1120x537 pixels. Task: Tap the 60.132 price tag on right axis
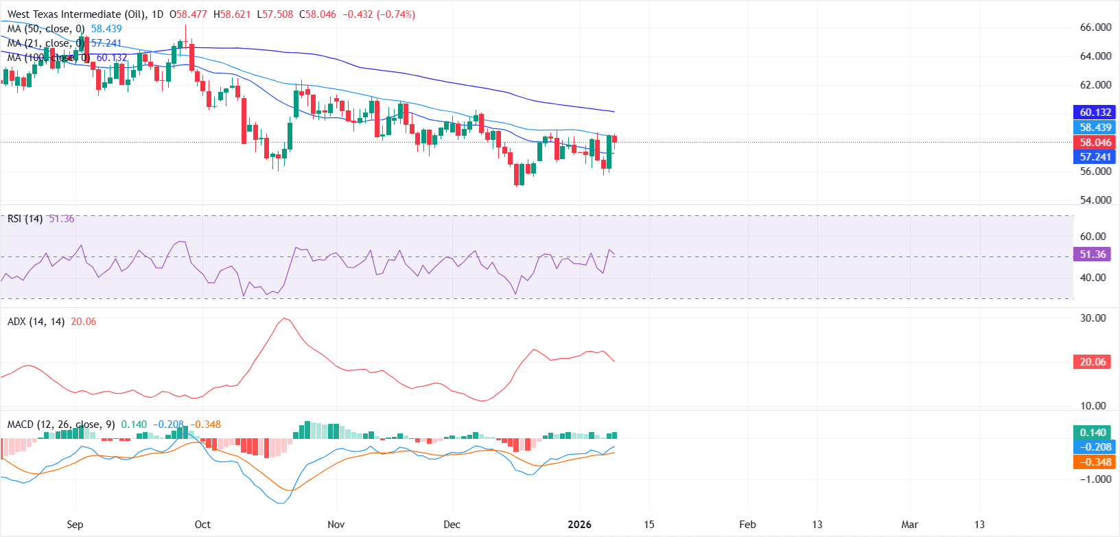(x=1095, y=112)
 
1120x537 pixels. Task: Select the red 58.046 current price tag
(x=1095, y=143)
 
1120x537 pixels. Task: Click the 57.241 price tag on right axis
(x=1095, y=157)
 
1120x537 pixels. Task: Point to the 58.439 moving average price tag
(x=1095, y=128)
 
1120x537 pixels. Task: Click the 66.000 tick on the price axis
(x=1095, y=27)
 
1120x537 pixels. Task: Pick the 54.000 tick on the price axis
(x=1095, y=200)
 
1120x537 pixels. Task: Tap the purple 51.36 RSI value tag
(x=1093, y=254)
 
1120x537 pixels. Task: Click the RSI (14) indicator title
(x=25, y=219)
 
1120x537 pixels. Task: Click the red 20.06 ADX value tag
(x=1093, y=362)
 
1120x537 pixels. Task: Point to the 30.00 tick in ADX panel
(x=1093, y=318)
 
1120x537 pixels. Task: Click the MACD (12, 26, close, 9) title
(x=60, y=425)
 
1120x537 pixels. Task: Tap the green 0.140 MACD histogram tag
(x=1093, y=433)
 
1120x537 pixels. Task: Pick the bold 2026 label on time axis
(x=579, y=525)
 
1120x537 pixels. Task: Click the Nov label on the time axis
(x=336, y=525)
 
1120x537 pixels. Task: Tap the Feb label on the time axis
(x=747, y=525)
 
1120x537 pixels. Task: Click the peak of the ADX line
(x=285, y=318)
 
